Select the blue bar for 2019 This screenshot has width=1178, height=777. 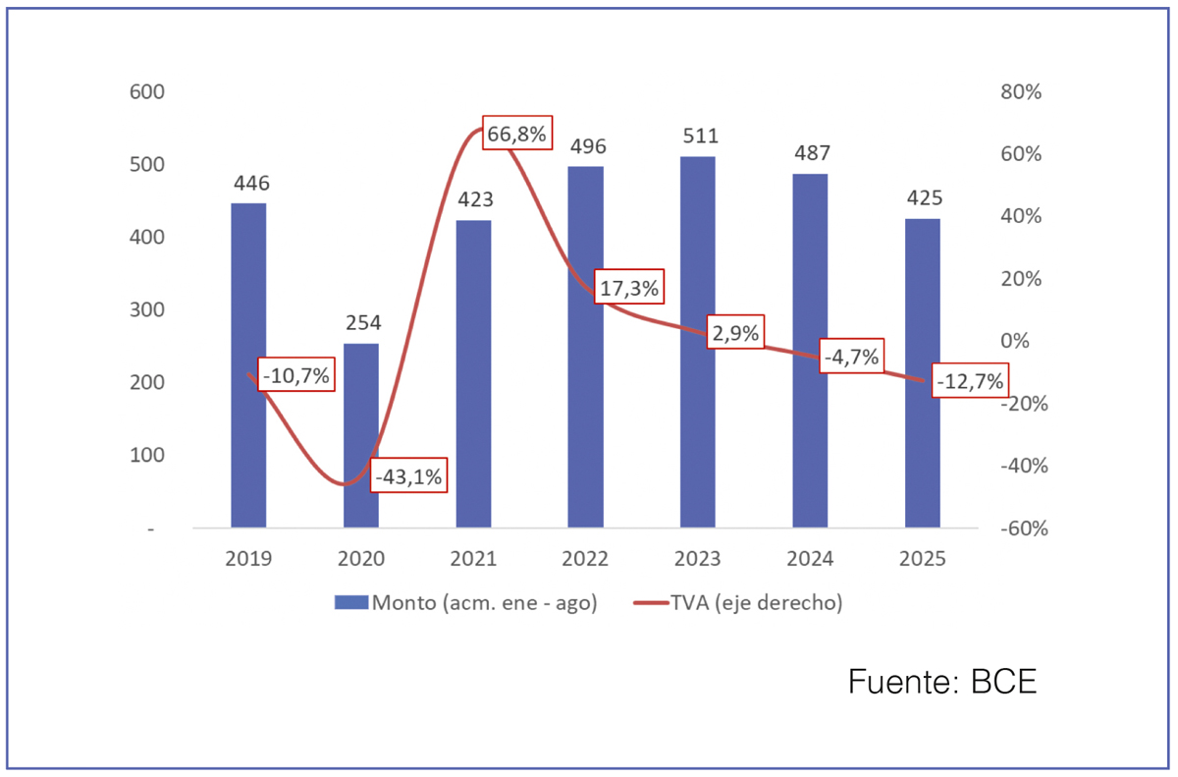coord(248,365)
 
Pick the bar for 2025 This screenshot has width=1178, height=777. coord(922,373)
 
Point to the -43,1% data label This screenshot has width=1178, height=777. coord(409,476)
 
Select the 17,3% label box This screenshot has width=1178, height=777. coord(628,289)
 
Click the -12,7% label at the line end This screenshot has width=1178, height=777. coord(970,381)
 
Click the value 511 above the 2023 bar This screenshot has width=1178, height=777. coord(697,136)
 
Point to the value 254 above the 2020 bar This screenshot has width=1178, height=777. coord(361,322)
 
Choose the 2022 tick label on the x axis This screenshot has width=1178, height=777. coord(585,559)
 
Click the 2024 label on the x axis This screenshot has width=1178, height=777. coord(810,559)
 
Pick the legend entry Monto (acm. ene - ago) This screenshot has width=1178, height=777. coord(465,603)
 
